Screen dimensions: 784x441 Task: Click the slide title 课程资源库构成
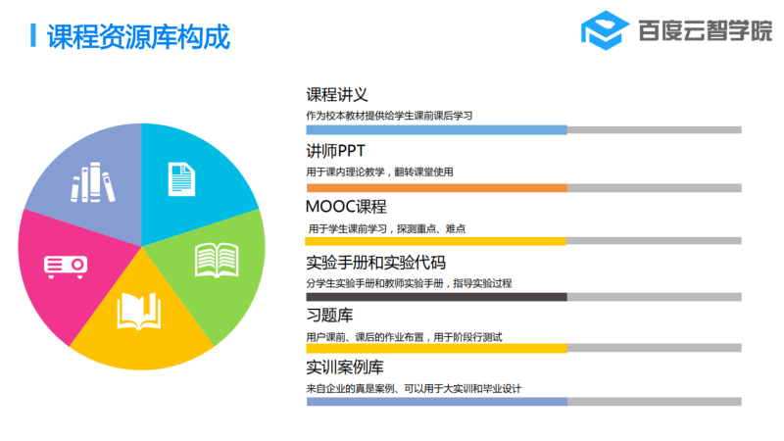[x=138, y=36]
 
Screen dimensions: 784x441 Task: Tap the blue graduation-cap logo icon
[x=605, y=30]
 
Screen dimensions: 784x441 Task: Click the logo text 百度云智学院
[x=705, y=30]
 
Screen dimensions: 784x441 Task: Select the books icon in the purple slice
[x=92, y=182]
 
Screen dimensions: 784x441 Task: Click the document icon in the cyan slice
[x=181, y=179]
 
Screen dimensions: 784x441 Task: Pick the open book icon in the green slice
[x=217, y=260]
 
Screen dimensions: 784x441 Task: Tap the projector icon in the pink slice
[x=66, y=267]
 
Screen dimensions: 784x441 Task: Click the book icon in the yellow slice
[x=139, y=311]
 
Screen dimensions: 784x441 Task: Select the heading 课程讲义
[x=336, y=94]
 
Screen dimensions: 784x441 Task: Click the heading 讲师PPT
[x=335, y=151]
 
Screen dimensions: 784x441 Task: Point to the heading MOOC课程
[x=346, y=207]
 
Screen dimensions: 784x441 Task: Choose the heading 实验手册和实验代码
[x=375, y=263]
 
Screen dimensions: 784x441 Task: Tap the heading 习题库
[x=329, y=315]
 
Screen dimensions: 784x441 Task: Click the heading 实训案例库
[x=345, y=367]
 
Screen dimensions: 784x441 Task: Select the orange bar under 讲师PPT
[x=437, y=188]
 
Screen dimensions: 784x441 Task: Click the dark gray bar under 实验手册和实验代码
[x=436, y=297]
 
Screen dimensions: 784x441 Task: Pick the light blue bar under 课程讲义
[x=436, y=130]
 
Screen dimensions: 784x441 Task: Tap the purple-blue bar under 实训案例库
[x=437, y=402]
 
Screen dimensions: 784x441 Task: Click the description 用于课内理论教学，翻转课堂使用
[x=379, y=172]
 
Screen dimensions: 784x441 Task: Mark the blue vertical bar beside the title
[x=33, y=35]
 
